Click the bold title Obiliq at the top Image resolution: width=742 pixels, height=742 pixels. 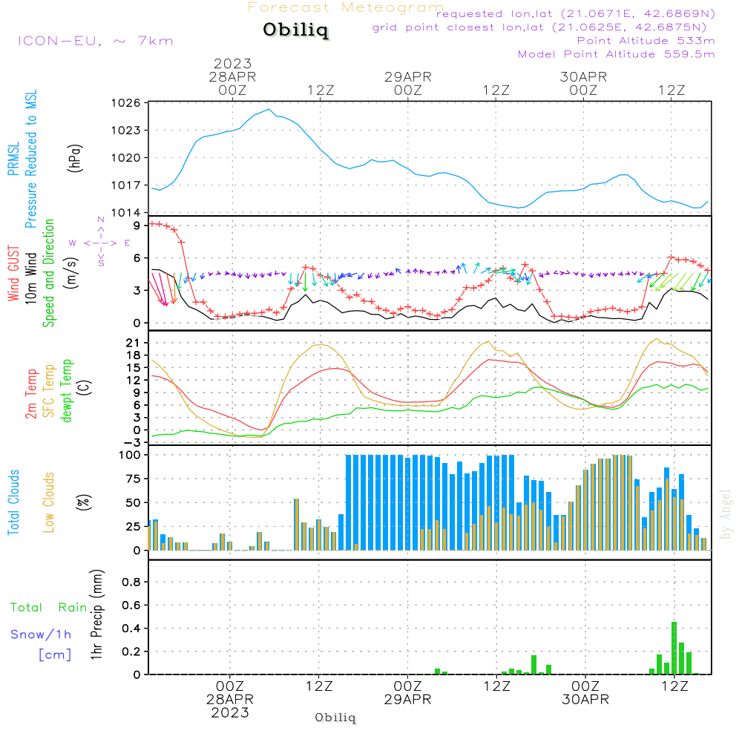[x=295, y=30]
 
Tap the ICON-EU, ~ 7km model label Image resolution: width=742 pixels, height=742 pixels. [x=95, y=40]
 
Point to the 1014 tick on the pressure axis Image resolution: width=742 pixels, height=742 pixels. [x=128, y=213]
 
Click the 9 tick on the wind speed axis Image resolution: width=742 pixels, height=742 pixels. [x=137, y=225]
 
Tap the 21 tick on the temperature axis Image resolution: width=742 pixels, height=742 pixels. [x=134, y=342]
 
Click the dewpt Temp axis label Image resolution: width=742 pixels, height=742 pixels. [x=67, y=390]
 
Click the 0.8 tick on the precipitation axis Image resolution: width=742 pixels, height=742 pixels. [x=131, y=582]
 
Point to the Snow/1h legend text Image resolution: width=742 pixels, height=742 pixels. [x=42, y=634]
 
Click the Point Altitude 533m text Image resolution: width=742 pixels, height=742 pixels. [x=646, y=40]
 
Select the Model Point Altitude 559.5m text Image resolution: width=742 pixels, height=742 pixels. [x=616, y=54]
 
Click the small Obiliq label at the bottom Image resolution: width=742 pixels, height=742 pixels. [x=335, y=718]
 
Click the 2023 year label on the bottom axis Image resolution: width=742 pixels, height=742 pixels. [x=230, y=713]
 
